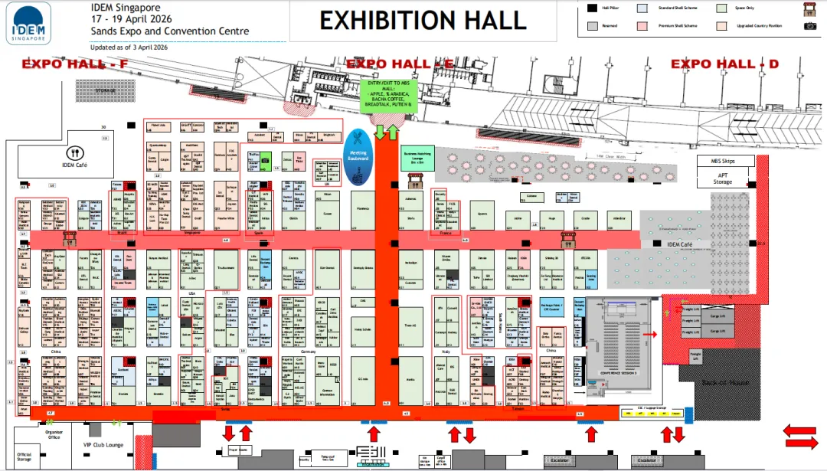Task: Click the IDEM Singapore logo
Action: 29,22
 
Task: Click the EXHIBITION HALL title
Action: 423,20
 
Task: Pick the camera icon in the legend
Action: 810,26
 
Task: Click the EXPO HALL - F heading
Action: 75,64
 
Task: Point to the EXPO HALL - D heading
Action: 724,64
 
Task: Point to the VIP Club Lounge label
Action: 104,444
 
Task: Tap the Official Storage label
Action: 25,457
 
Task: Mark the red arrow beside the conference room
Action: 649,335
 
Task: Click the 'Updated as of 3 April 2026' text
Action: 129,47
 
